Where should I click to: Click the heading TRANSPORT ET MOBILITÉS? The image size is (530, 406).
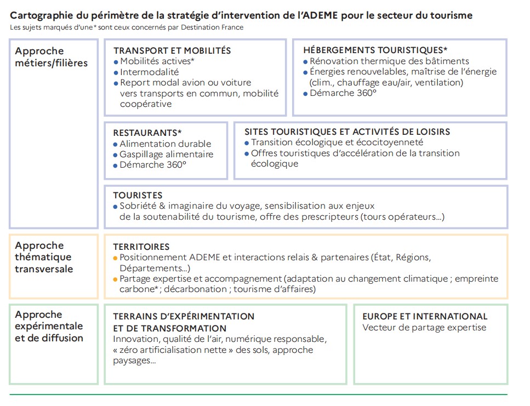172,50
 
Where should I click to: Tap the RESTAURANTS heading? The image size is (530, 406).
147,133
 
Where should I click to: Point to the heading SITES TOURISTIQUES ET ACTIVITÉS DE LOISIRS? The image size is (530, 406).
347,132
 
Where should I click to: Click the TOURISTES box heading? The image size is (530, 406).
138,195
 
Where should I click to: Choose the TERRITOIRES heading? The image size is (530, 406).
141,247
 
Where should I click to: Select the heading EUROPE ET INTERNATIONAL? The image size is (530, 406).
425,316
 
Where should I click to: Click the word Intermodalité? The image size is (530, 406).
149,72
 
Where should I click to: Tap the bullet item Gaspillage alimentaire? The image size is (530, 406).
166,155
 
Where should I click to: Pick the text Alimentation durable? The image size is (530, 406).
165,144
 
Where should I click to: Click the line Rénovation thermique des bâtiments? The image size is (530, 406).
389,61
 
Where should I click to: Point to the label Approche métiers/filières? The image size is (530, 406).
51,57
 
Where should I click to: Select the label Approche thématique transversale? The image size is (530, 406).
43,257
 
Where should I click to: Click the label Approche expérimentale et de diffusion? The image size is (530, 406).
49,326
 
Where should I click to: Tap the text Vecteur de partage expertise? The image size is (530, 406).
424,328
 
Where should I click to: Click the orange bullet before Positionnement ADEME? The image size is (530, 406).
116,258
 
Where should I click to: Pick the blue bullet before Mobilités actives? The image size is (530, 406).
116,62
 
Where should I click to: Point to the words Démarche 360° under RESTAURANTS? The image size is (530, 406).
153,165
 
